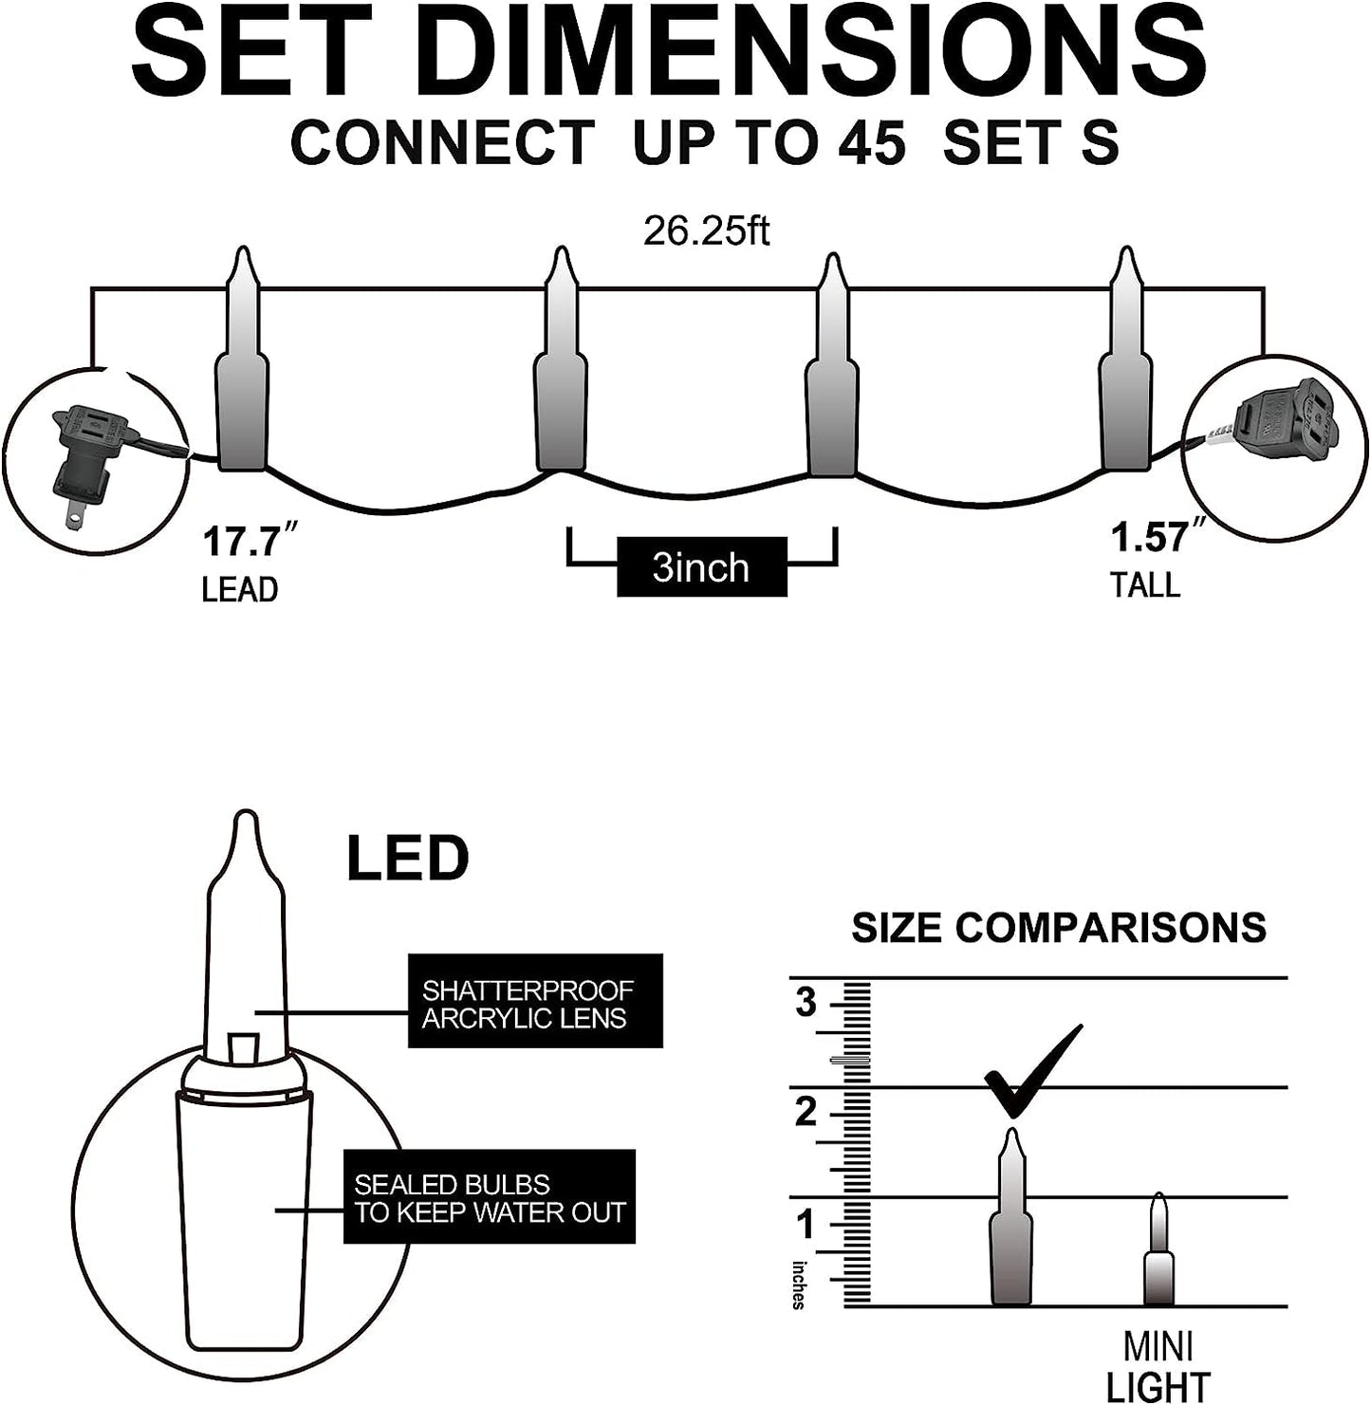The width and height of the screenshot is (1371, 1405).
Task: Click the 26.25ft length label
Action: click(x=706, y=231)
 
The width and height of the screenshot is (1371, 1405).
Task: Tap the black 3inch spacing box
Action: click(x=702, y=566)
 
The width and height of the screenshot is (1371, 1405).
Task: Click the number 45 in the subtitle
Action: click(x=871, y=142)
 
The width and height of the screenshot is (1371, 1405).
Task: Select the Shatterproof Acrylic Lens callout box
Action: click(x=535, y=1001)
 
